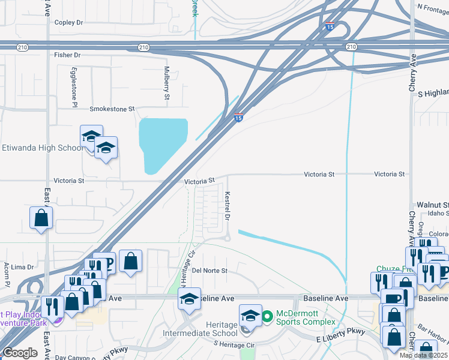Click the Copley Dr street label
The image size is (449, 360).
pyautogui.click(x=68, y=23)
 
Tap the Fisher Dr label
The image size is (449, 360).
pyautogui.click(x=67, y=55)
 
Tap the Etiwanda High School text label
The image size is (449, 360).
pyautogui.click(x=42, y=148)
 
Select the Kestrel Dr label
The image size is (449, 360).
pyautogui.click(x=228, y=205)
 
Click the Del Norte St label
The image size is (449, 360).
pyautogui.click(x=210, y=271)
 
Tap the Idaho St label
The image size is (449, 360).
pyautogui.click(x=438, y=214)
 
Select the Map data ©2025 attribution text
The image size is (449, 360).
pyautogui.click(x=424, y=355)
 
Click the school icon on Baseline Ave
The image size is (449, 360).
pyautogui.click(x=189, y=301)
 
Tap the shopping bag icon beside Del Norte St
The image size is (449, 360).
pyautogui.click(x=130, y=261)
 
